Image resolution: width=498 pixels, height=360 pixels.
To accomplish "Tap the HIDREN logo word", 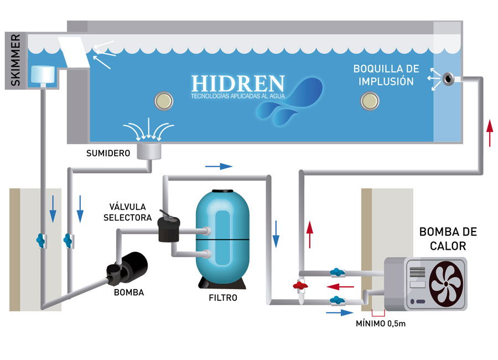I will tap(238, 84).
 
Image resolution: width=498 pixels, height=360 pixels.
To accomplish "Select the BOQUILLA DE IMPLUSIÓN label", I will tap(386, 75).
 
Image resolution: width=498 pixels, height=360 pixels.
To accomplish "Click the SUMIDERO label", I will tap(108, 153).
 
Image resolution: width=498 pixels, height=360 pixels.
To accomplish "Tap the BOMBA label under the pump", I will tap(128, 292).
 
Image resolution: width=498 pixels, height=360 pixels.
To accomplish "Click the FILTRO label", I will tap(224, 297).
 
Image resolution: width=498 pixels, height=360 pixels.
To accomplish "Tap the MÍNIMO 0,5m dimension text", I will tap(381, 324).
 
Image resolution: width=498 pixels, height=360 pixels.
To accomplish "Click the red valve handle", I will tap(299, 286).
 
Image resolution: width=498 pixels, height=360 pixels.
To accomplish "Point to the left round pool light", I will tap(164, 100).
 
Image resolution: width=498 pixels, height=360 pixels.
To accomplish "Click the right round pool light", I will tap(369, 100).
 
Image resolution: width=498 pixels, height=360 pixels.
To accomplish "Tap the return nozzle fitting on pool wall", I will tap(447, 80).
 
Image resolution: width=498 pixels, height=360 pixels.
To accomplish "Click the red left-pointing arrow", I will tap(340, 287).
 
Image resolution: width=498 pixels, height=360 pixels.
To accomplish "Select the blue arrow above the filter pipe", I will tap(219, 166).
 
